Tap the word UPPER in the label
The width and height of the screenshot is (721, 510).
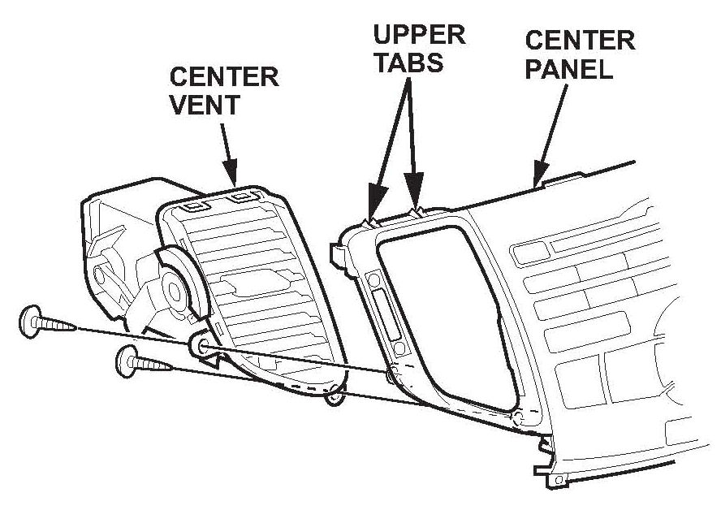420,35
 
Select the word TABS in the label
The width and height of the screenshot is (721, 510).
408,63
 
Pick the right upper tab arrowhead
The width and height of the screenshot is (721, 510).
415,208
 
